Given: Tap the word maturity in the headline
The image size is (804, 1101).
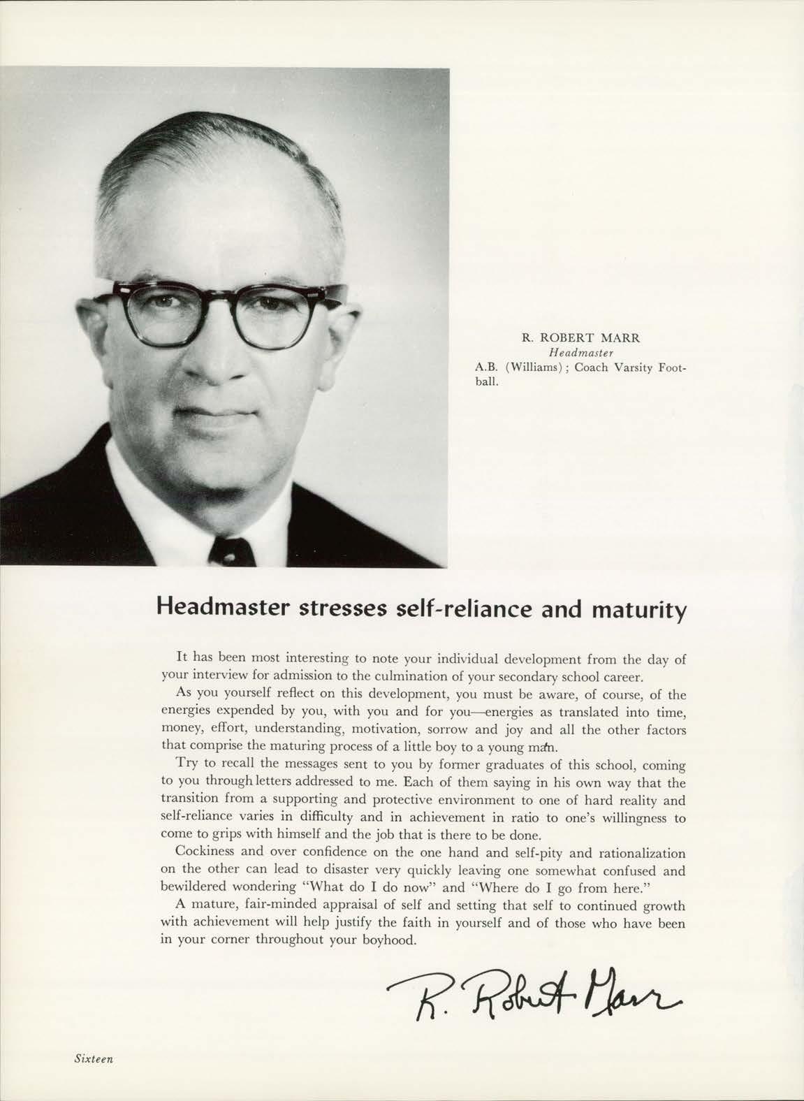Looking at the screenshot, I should click(x=639, y=608).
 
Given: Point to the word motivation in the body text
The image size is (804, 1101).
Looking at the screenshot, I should click(x=388, y=730).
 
